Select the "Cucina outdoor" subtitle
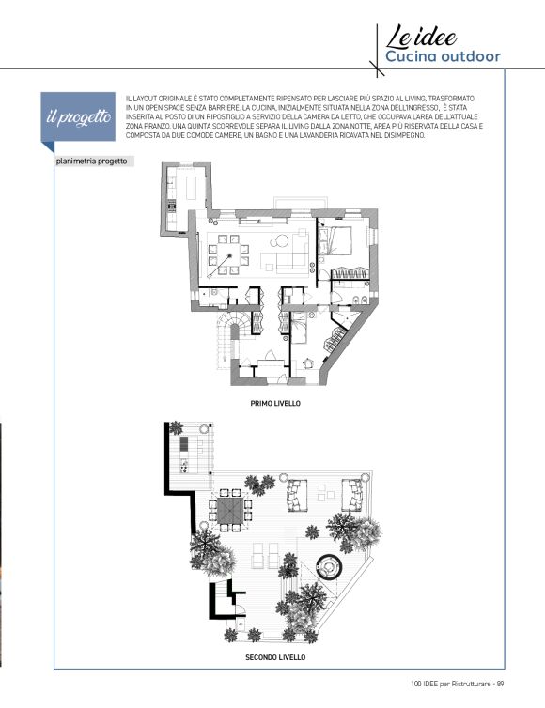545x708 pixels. tap(443, 56)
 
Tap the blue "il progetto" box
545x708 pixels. tap(78, 116)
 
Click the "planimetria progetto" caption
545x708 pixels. tap(91, 161)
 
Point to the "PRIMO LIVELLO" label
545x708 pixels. tap(275, 403)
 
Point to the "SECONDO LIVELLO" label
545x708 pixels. tap(275, 657)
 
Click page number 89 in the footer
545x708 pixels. tap(500, 685)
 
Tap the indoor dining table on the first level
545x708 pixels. tap(228, 255)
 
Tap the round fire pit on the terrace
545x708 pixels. tap(329, 566)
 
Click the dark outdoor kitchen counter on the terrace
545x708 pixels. tap(183, 443)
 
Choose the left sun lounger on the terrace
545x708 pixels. tap(257, 555)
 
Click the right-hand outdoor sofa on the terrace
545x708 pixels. tap(352, 495)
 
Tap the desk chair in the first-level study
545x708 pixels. tap(308, 362)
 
